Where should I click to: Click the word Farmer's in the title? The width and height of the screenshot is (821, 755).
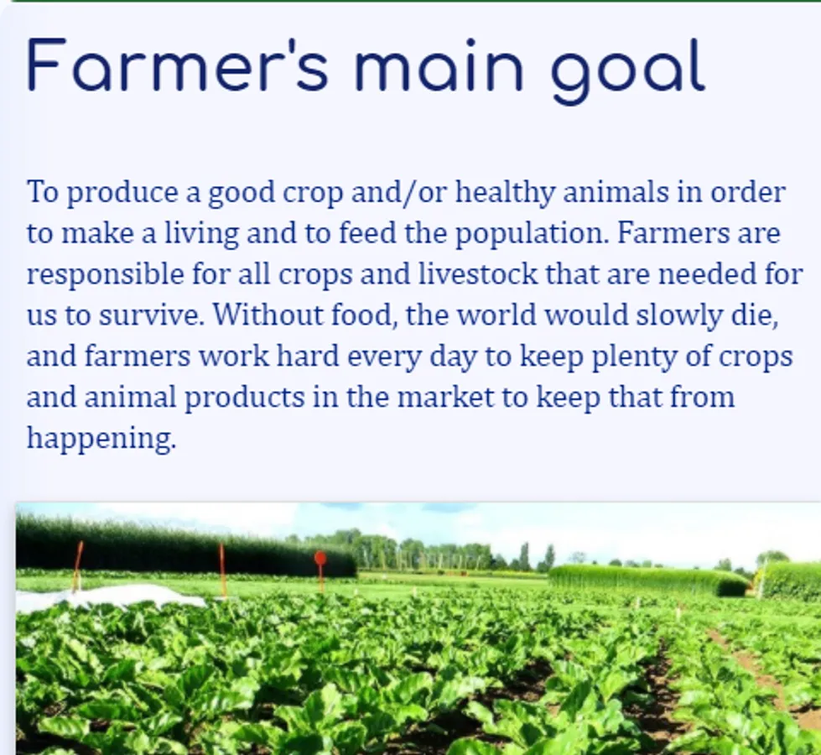[178, 65]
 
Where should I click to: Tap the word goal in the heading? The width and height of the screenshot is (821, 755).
[628, 71]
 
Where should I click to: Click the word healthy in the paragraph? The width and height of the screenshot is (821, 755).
[505, 192]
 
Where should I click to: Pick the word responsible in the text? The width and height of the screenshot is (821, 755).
[105, 274]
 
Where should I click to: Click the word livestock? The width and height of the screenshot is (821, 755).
[477, 273]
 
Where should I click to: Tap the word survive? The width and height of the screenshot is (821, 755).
[151, 315]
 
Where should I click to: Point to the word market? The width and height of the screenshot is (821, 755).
[445, 397]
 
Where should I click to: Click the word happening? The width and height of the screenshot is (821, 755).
[101, 439]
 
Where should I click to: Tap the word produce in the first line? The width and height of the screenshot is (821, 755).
[122, 193]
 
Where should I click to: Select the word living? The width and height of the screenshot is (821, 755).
[202, 234]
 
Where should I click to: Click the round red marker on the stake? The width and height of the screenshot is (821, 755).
[320, 559]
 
